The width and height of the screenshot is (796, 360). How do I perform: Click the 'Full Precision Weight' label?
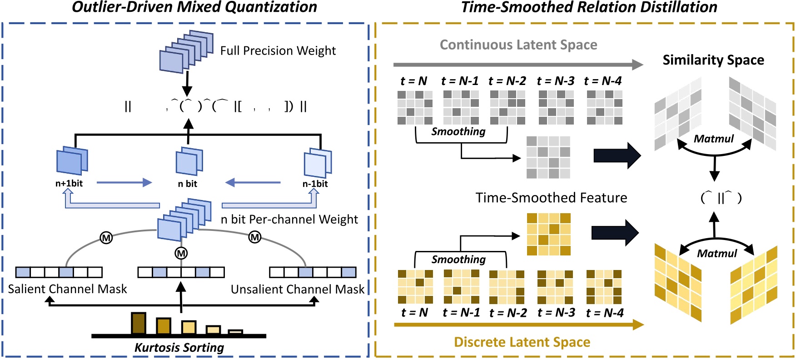pyautogui.click(x=278, y=50)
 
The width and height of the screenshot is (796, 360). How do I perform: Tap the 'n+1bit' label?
pyautogui.click(x=69, y=184)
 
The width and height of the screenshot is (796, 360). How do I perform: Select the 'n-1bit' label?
pyautogui.click(x=315, y=184)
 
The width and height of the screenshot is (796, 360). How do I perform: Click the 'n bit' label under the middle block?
pyautogui.click(x=187, y=184)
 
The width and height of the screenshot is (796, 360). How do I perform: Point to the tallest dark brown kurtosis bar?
pyautogui.click(x=139, y=323)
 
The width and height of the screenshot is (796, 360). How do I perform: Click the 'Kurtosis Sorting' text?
pyautogui.click(x=179, y=348)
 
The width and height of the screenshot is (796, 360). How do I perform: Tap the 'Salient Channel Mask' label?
pyautogui.click(x=67, y=289)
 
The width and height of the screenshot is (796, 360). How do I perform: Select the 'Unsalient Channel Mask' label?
pyautogui.click(x=297, y=289)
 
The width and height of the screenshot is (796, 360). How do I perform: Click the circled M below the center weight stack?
pyautogui.click(x=181, y=253)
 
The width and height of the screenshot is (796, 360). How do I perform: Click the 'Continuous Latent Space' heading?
pyautogui.click(x=518, y=45)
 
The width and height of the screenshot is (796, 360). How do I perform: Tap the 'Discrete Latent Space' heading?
pyautogui.click(x=522, y=342)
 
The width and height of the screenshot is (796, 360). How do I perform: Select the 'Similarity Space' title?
pyautogui.click(x=713, y=60)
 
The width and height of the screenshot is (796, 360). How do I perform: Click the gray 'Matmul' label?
pyautogui.click(x=713, y=139)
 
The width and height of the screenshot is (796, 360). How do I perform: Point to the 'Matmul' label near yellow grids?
pyautogui.click(x=716, y=254)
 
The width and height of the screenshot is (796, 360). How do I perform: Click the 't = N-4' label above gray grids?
pyautogui.click(x=602, y=81)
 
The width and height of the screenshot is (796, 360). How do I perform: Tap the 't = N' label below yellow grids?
pyautogui.click(x=414, y=313)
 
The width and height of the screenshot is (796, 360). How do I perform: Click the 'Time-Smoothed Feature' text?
pyautogui.click(x=551, y=198)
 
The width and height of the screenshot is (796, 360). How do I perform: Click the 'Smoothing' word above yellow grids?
pyautogui.click(x=458, y=260)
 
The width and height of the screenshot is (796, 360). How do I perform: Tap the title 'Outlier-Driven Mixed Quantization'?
pyautogui.click(x=194, y=7)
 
